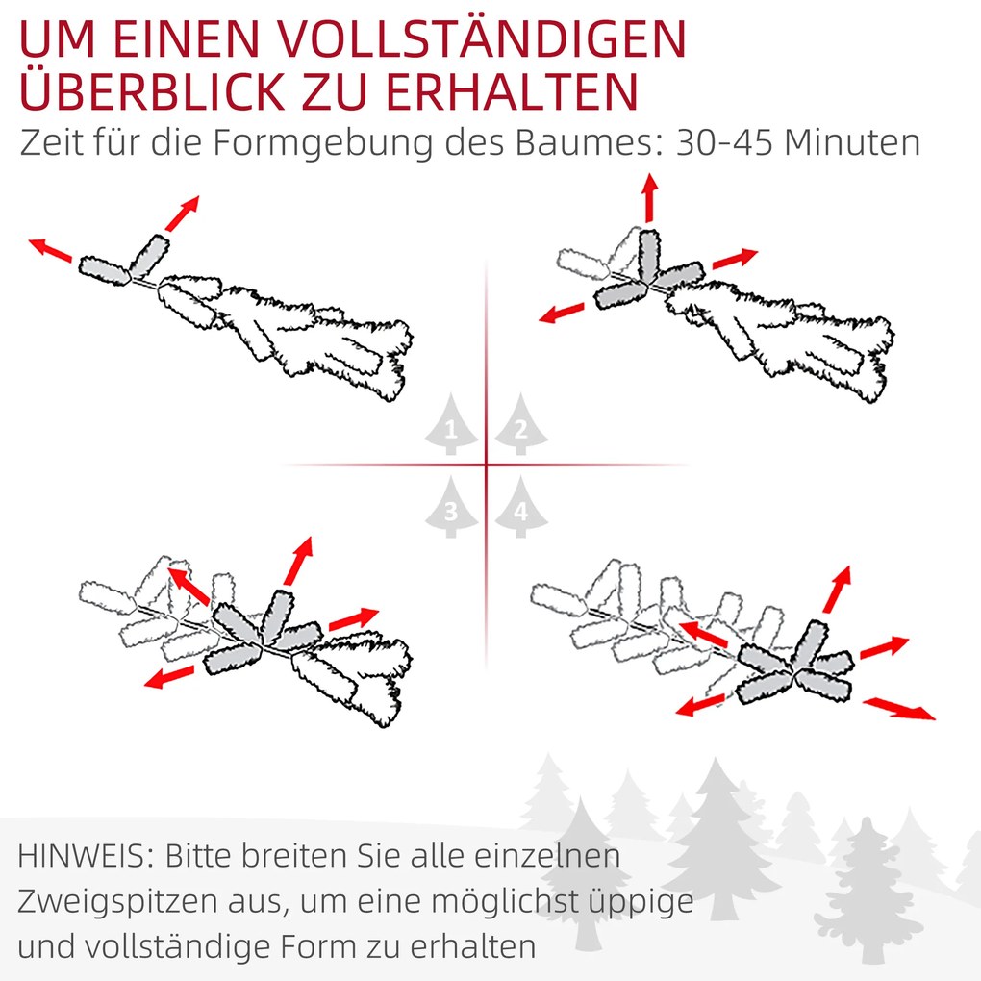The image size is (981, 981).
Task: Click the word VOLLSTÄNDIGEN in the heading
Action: coord(481,38)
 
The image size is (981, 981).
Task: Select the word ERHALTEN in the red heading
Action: coord(512,91)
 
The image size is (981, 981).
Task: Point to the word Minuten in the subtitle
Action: coord(852,142)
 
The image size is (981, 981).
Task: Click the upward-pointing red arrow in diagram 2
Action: coord(650,197)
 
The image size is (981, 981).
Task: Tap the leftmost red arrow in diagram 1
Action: coord(50,250)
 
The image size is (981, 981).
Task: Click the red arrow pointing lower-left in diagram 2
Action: coord(562,314)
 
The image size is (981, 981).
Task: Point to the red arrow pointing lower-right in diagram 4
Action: coord(899,709)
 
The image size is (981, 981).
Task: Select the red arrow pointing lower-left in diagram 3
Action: coord(169,677)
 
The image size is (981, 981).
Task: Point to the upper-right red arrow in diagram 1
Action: coord(182,214)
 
